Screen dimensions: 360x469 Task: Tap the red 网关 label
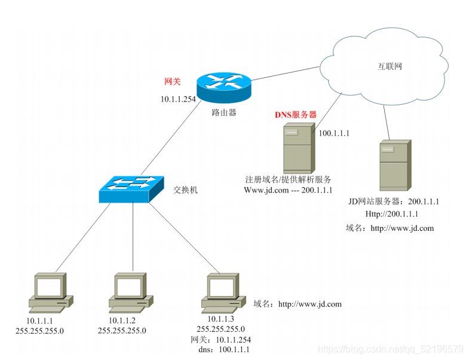172,81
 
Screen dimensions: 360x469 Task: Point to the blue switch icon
131,190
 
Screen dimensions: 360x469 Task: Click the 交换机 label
185,190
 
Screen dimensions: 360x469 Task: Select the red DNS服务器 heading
295,114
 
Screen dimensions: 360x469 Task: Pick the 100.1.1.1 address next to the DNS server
334,133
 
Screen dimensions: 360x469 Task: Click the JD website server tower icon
394,165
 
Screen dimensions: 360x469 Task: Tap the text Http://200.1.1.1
391,213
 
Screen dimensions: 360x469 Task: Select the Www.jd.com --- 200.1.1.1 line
288,190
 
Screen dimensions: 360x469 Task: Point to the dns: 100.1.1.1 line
223,349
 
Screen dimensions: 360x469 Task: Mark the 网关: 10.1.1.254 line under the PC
220,339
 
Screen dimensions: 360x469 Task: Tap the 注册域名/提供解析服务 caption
288,179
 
